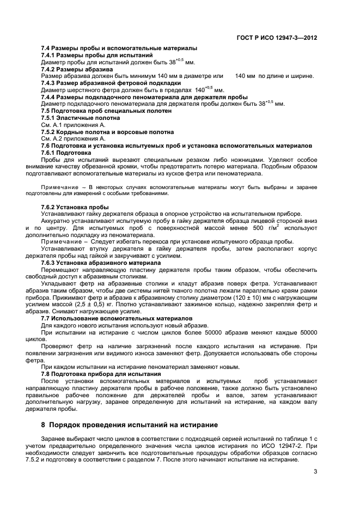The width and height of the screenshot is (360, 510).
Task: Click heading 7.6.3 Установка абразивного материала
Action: pyautogui.click(x=101, y=263)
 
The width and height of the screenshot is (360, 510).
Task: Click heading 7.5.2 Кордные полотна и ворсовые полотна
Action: pyautogui.click(x=108, y=132)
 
